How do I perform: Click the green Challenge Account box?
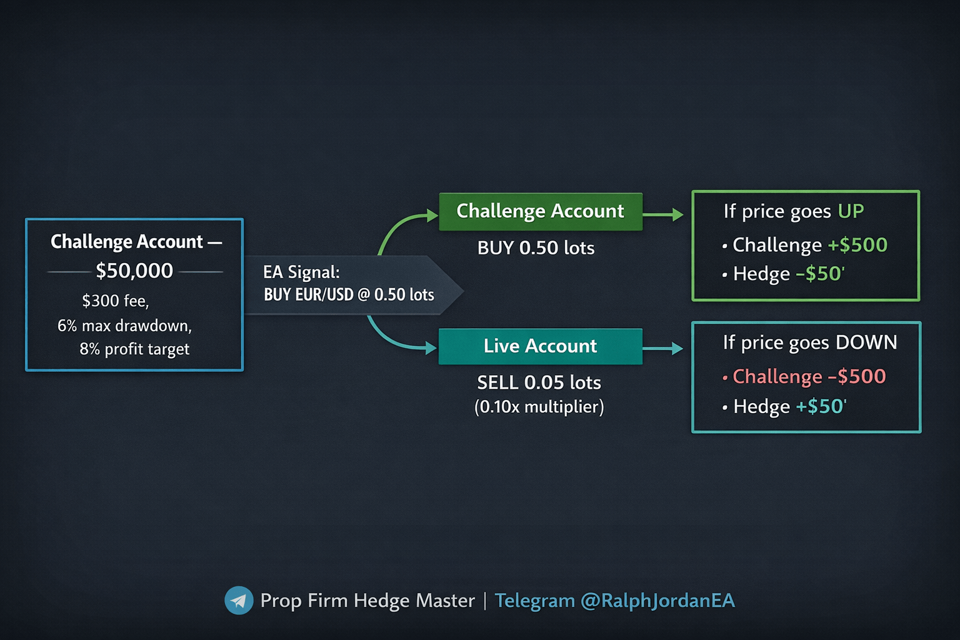pos(541,211)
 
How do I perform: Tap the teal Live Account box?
pos(541,346)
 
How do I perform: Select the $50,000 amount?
pos(134,271)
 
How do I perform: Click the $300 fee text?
pos(116,301)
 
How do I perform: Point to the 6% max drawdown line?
pos(124,326)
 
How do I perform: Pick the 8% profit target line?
pos(134,349)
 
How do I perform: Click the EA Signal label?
pos(301,272)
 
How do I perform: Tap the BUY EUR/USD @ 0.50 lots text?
pos(349,294)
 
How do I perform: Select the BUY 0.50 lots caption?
pos(536,248)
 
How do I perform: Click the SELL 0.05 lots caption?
pos(539,382)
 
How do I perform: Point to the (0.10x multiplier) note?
pos(539,407)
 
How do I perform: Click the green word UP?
pos(851,211)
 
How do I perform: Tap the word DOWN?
pos(866,342)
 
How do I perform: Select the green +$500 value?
pos(857,245)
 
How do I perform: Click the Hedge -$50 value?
pos(820,274)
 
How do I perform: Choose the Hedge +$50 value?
pos(821,406)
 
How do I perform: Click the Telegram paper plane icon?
pos(239,601)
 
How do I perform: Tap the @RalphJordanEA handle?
pos(657,601)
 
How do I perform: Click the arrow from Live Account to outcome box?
pos(662,348)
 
